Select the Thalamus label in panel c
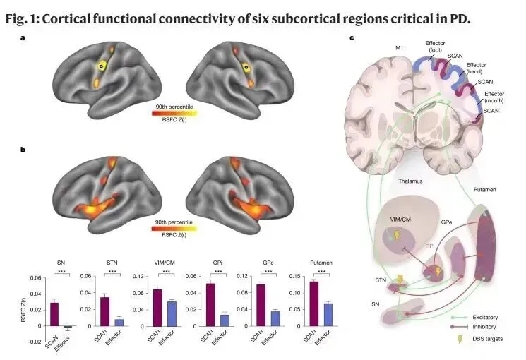[x=409, y=181]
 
